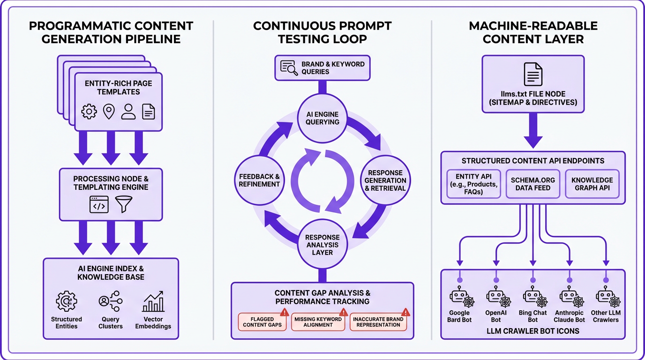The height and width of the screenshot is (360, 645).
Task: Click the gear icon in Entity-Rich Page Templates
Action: [x=89, y=112]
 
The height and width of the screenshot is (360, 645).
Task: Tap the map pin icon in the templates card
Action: [x=109, y=112]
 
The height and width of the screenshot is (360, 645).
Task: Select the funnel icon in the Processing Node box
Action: [x=124, y=204]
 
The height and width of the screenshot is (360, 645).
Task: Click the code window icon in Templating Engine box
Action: [x=99, y=204]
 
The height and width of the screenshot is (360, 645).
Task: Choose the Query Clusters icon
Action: [x=111, y=301]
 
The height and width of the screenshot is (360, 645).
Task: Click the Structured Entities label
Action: [x=67, y=322]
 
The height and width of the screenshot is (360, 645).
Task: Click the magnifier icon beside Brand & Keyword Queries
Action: [x=289, y=68]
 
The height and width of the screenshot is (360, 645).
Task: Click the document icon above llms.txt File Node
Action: [x=533, y=75]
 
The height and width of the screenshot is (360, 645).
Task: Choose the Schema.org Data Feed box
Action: [x=533, y=183]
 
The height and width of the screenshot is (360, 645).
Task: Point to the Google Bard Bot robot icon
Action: [x=459, y=298]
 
